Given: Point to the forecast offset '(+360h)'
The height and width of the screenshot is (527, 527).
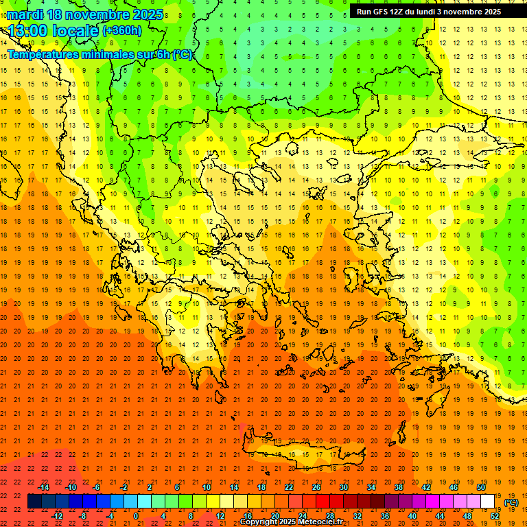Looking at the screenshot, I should tap(122, 30).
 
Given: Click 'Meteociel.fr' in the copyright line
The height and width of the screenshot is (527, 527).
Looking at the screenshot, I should tap(318, 522).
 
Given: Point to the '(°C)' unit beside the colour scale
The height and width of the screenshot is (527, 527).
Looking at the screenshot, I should tap(511, 502).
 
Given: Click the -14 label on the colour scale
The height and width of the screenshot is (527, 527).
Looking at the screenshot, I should tap(43, 487).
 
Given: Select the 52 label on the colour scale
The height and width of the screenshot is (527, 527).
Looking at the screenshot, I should tap(495, 515).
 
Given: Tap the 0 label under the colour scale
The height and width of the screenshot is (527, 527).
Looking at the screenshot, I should tap(135, 515).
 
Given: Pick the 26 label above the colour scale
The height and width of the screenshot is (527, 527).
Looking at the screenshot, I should tap(316, 487).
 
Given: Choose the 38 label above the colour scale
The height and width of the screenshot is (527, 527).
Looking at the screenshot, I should tap(399, 487).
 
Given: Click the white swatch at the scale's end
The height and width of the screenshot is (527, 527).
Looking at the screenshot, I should tap(488, 502).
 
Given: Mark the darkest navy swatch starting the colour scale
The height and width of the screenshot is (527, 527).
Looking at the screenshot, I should tap(34, 502).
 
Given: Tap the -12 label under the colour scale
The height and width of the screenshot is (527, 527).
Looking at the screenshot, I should tap(57, 515).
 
